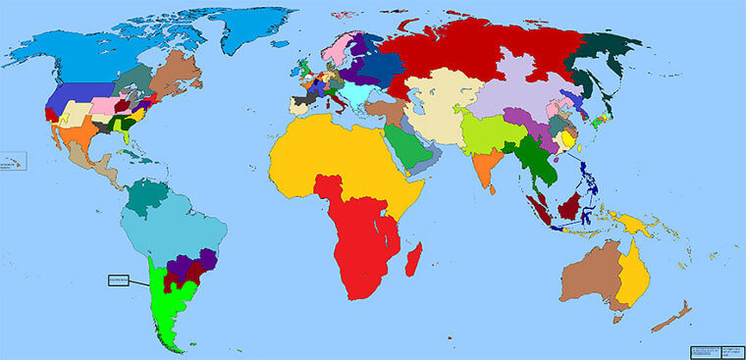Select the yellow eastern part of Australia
(x=636, y=275)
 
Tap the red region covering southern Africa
(x=363, y=245)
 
